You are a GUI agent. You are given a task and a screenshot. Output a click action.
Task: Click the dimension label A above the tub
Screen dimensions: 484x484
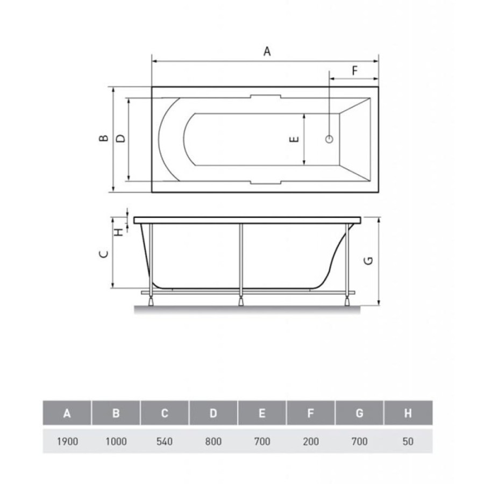coord(267,51)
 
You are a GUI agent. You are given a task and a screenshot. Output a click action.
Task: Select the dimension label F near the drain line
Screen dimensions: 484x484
coord(355,71)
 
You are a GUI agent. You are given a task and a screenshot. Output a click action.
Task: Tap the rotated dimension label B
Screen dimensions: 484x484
coord(104,138)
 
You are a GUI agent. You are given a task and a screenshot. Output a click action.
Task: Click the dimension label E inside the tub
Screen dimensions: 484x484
coord(294,139)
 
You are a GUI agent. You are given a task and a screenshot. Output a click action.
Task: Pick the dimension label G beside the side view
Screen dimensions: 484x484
coord(368,261)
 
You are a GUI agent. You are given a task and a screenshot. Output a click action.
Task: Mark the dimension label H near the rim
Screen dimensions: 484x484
coord(119,232)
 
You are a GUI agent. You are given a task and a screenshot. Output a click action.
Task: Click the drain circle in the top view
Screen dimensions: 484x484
coord(329,139)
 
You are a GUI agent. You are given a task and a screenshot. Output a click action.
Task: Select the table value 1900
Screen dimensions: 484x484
coord(67,442)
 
